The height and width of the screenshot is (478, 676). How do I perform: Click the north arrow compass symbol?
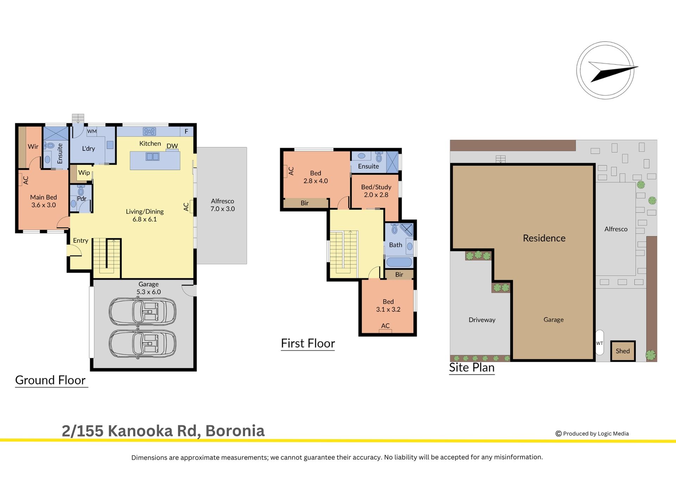(605, 70)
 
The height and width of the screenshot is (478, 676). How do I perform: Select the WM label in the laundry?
(92, 131)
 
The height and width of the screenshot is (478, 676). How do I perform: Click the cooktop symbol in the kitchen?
(149, 131)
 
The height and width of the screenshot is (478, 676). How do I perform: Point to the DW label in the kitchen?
(172, 146)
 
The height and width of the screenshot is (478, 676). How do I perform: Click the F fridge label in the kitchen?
(186, 131)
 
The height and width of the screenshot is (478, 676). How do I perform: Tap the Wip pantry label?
(84, 173)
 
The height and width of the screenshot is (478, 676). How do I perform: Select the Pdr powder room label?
(82, 198)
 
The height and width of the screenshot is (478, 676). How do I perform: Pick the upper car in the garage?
(142, 311)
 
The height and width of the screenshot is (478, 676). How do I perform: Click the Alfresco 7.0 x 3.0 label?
(223, 205)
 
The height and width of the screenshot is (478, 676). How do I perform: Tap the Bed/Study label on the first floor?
(376, 187)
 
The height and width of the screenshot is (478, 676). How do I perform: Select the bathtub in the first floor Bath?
(399, 262)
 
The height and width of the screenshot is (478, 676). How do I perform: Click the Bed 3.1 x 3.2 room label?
(388, 305)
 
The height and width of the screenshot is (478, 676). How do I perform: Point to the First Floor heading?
(308, 343)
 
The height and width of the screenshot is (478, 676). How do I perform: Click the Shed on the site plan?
(623, 351)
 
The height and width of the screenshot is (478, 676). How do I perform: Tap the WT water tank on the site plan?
(600, 343)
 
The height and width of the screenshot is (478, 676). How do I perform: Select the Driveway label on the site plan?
(482, 320)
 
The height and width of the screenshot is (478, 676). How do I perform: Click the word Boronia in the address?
(235, 431)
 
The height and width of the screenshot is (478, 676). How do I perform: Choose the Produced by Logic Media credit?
(592, 434)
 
